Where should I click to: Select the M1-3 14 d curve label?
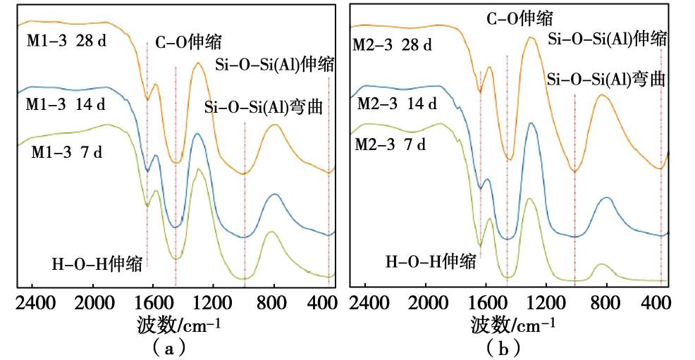[66, 105]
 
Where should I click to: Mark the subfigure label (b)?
[503, 347]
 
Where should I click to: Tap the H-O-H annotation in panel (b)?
[430, 262]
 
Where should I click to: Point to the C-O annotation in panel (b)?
[520, 19]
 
